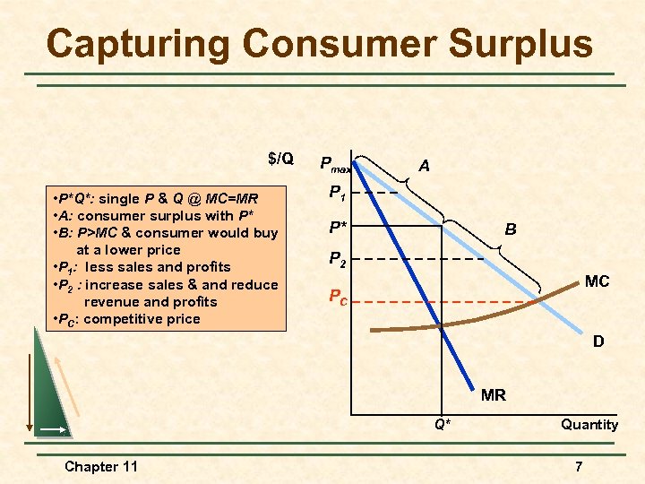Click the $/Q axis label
[x=280, y=160]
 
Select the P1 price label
[x=338, y=192]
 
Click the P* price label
[x=338, y=225]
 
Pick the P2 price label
[x=338, y=260]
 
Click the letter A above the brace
[x=424, y=166]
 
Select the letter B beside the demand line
[x=510, y=229]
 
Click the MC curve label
[x=597, y=281]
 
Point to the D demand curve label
[x=597, y=341]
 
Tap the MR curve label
[x=493, y=394]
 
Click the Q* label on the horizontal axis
[x=443, y=425]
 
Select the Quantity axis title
[x=589, y=425]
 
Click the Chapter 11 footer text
[x=101, y=466]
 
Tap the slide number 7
[x=579, y=466]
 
